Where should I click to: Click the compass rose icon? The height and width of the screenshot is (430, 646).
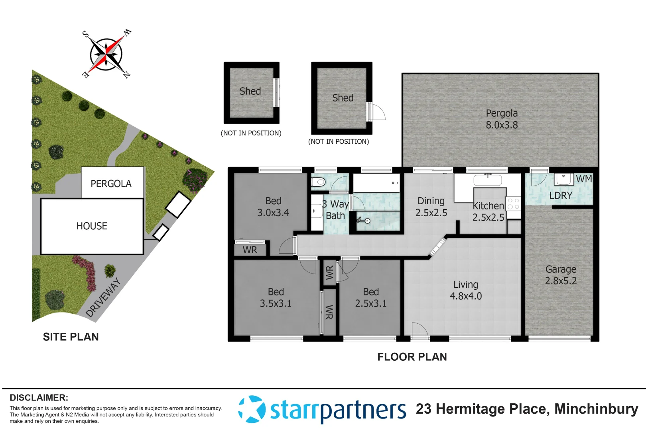click(106, 55)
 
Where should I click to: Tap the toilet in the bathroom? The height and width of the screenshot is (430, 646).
click(319, 182)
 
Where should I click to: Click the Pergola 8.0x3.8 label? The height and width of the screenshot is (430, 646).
click(502, 119)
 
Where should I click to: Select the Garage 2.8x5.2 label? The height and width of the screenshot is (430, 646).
click(561, 275)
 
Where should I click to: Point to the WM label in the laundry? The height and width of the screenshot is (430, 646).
click(584, 179)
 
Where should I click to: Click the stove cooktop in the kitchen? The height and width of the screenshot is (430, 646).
click(513, 204)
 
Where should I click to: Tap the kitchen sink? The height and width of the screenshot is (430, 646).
click(487, 180)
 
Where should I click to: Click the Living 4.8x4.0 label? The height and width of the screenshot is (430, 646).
click(466, 290)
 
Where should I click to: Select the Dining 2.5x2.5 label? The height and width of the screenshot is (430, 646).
click(431, 207)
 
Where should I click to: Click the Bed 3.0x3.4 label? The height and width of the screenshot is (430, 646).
click(273, 207)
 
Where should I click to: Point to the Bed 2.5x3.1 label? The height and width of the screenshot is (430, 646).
click(371, 297)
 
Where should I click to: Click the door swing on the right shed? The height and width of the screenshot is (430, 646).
click(376, 111)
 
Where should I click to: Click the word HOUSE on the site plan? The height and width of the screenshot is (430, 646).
click(92, 226)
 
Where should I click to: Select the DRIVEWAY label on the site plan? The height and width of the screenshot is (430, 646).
click(103, 298)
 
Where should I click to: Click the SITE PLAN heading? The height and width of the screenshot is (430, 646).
click(71, 337)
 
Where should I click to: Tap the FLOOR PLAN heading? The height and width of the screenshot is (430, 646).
click(412, 357)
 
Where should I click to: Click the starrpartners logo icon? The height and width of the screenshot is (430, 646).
click(252, 409)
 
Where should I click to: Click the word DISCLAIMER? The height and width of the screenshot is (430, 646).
click(39, 398)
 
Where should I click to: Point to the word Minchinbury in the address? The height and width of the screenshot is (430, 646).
click(596, 409)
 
